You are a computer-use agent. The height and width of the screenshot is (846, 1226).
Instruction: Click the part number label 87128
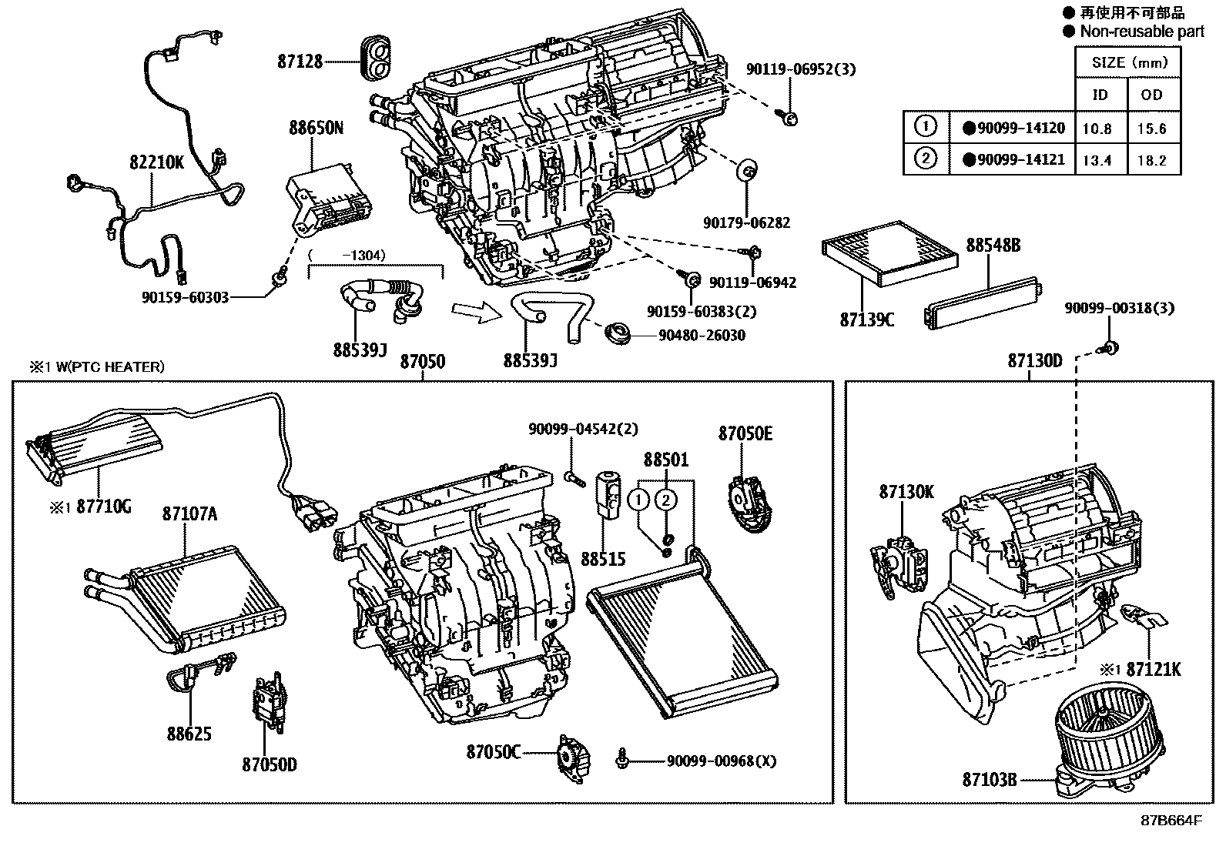coord(300,61)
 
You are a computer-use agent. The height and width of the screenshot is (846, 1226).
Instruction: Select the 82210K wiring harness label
coord(156,162)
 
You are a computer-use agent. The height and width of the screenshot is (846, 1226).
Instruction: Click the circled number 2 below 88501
coord(666,500)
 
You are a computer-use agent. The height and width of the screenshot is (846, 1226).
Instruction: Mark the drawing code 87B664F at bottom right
coord(1171,820)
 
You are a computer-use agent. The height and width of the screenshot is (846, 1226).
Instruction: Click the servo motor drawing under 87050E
coord(745,501)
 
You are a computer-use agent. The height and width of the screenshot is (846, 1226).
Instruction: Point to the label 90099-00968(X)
coord(722,761)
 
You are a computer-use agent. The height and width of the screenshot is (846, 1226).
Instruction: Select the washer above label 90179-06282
coord(747,170)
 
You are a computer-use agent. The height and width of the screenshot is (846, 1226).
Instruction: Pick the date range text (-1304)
coord(347,255)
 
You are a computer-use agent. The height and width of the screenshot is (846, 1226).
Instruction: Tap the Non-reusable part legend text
coord(1141,31)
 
